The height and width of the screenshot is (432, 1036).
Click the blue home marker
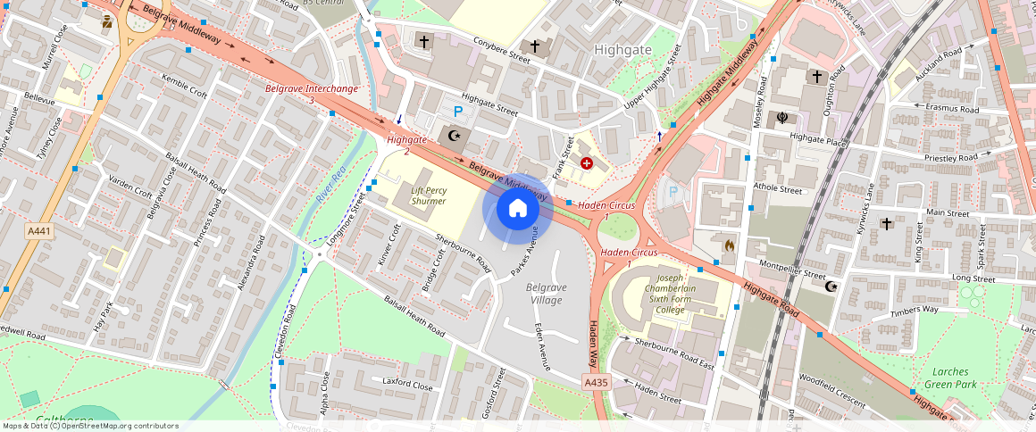click(517, 209)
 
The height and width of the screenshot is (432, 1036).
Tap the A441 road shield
click(38, 231)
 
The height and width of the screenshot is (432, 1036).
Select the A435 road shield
click(597, 382)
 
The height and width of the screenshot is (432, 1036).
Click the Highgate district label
click(623, 50)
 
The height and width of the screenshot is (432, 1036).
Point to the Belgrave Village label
click(544, 294)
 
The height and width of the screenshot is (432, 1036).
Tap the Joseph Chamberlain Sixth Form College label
click(666, 294)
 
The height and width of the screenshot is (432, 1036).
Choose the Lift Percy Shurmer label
click(429, 195)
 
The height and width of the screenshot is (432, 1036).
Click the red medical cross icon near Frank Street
click(587, 163)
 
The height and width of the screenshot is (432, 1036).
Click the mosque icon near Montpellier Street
click(831, 286)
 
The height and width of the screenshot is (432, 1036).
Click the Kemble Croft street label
click(185, 87)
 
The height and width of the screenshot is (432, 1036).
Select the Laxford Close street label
click(407, 386)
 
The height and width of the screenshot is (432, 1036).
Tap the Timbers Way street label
click(914, 310)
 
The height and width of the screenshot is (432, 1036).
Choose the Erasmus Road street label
click(953, 110)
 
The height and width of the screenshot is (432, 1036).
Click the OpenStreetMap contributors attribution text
click(90, 426)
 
